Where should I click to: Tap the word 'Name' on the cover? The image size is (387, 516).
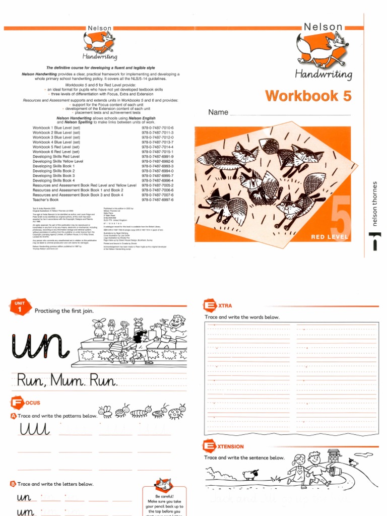point(218,112)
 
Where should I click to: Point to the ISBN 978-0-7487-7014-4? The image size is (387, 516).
point(157,147)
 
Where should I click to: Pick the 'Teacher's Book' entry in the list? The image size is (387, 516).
point(45,200)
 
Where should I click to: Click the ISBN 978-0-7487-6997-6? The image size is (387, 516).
point(157,200)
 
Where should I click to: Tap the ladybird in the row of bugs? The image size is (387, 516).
point(177,413)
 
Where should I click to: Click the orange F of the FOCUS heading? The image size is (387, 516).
point(16,403)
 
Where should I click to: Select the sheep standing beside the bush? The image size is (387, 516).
point(249,474)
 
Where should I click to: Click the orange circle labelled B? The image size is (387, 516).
point(13,484)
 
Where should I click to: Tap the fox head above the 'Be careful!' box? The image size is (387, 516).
point(163,484)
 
